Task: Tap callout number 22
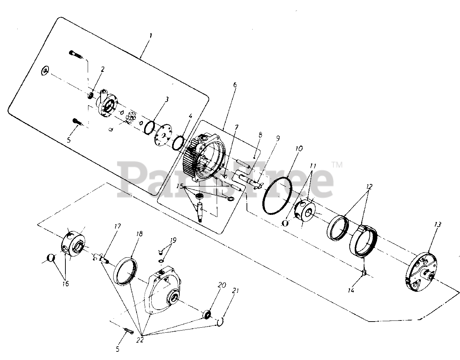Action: tap(140, 340)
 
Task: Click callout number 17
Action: tap(118, 227)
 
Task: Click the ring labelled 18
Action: tap(126, 271)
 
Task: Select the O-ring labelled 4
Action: tap(178, 142)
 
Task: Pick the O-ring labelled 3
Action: tap(149, 127)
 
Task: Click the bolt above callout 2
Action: tap(76, 54)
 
